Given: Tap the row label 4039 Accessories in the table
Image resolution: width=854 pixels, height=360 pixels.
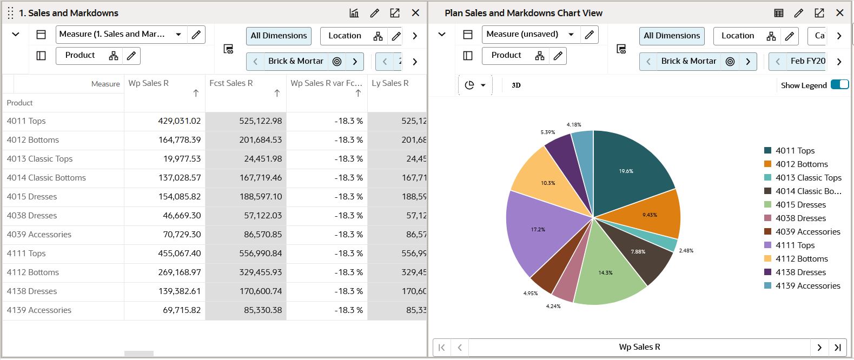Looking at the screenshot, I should [39, 235].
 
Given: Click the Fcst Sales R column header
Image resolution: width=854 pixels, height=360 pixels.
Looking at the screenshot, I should [231, 83].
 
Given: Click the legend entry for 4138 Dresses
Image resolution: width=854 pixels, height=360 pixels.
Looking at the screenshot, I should [800, 272].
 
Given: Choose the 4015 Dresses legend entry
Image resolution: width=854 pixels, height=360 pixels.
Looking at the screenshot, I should [800, 205].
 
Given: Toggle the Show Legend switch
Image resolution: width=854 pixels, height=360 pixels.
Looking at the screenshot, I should [839, 84].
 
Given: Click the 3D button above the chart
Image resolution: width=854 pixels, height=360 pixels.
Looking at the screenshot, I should [516, 85].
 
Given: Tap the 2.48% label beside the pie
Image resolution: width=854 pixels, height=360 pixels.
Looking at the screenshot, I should [686, 251].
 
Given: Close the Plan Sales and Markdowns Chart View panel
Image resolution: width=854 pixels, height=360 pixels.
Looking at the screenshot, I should [839, 13].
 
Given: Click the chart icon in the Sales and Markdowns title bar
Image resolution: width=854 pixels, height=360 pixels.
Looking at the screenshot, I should [354, 13].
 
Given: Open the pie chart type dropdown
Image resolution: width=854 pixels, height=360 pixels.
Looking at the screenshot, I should [475, 85].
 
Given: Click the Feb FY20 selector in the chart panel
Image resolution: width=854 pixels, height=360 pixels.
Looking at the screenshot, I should [807, 61].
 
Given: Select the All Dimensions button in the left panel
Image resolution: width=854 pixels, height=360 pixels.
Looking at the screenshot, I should [279, 36].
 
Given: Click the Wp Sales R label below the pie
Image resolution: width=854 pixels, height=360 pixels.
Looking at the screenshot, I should [639, 347].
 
